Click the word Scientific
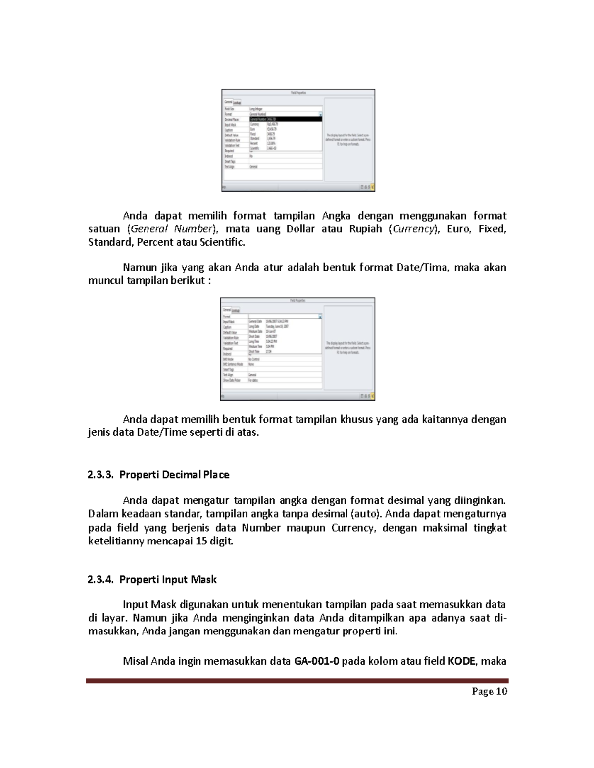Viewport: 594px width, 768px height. coord(221,242)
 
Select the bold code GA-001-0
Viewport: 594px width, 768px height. coord(317,661)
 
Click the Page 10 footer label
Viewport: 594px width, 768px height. coord(489,692)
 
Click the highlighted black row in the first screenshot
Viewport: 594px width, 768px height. coord(286,119)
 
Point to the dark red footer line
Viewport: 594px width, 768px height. coord(297,681)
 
